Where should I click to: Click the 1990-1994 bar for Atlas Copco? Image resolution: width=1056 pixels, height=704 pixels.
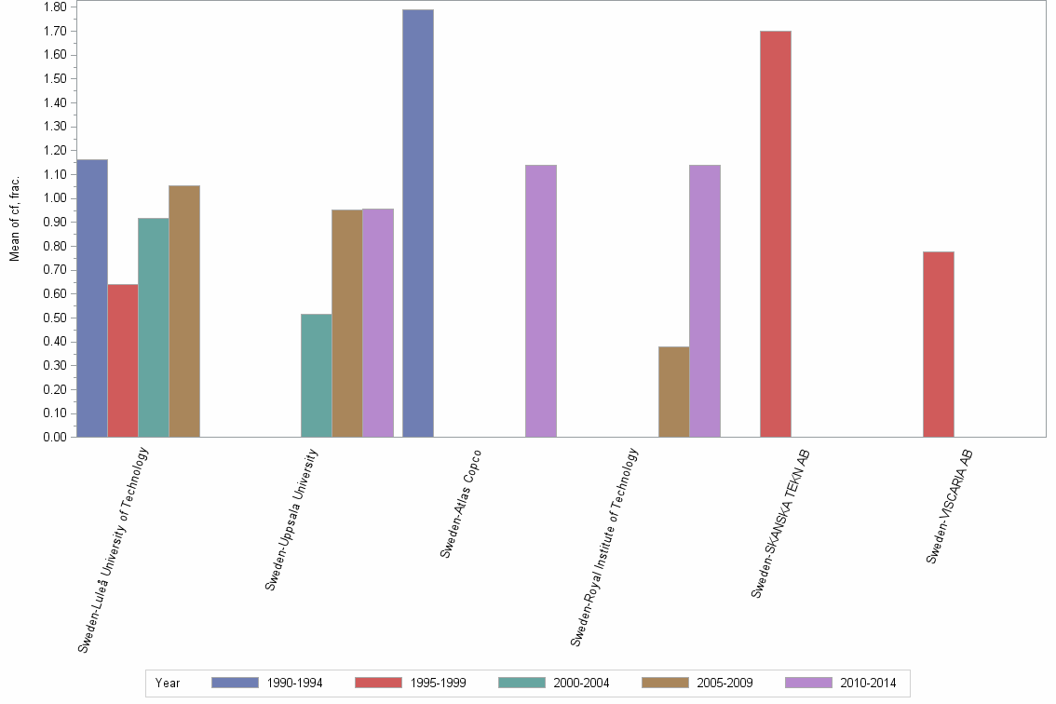click(x=418, y=223)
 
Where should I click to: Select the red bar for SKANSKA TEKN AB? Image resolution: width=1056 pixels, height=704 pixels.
click(x=776, y=234)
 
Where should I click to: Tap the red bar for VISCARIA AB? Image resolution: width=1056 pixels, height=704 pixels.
click(x=939, y=345)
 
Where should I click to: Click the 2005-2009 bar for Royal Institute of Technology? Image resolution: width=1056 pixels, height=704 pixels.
click(x=673, y=392)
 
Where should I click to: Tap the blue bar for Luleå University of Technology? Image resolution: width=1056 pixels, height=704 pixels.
click(x=92, y=298)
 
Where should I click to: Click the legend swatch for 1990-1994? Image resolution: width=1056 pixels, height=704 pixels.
click(x=241, y=683)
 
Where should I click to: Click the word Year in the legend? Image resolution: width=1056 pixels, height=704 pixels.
click(x=168, y=684)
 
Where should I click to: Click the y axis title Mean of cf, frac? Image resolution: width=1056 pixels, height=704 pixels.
click(x=15, y=217)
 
